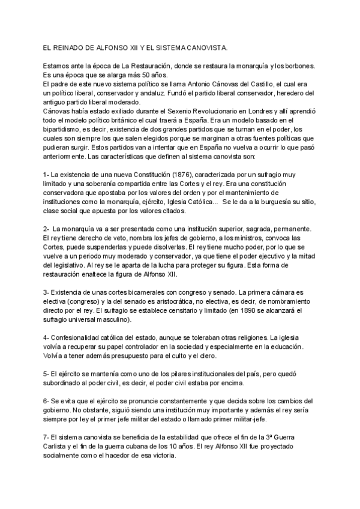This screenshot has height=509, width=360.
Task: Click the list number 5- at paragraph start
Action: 47,373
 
